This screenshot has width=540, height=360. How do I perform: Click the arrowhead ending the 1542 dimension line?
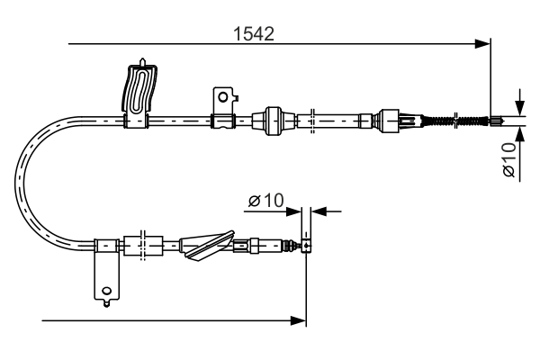(484, 42)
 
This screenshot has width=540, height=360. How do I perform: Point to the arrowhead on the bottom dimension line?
(301, 319)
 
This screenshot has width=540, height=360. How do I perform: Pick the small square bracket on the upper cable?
(221, 96)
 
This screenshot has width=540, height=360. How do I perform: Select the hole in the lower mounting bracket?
(107, 290)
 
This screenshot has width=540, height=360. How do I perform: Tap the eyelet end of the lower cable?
(307, 245)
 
